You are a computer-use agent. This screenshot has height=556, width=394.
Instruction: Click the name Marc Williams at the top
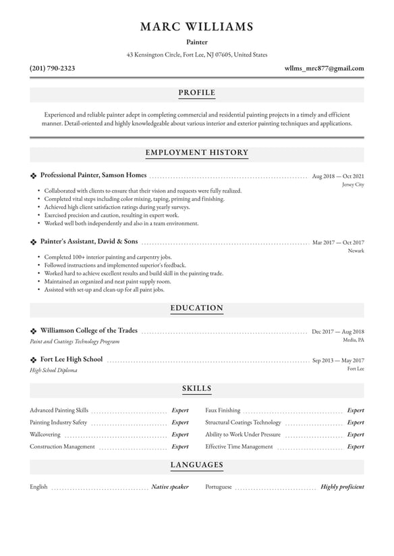click(x=197, y=27)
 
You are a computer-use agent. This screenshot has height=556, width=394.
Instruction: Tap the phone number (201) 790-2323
click(x=53, y=68)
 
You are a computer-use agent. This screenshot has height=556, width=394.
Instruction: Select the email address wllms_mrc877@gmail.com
click(x=324, y=68)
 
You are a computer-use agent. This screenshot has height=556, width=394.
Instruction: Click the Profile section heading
click(x=197, y=92)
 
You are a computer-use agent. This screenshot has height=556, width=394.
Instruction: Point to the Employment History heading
click(x=197, y=153)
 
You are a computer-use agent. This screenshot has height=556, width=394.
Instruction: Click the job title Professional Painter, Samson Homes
click(x=93, y=175)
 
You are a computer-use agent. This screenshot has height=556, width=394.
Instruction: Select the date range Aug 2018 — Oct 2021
click(x=337, y=176)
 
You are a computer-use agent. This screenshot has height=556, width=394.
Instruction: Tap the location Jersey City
click(x=353, y=185)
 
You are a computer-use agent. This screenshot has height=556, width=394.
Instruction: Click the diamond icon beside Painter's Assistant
click(x=33, y=241)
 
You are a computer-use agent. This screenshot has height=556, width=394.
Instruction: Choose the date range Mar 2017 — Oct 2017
click(x=337, y=242)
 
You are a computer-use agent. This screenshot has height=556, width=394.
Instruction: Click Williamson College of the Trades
click(x=89, y=331)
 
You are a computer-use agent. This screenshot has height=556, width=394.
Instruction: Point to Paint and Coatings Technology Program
click(x=74, y=342)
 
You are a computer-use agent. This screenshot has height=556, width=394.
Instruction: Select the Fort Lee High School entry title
click(x=72, y=359)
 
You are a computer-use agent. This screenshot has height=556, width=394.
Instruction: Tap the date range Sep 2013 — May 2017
click(x=337, y=361)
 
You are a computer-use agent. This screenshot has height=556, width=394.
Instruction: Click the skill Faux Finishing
click(x=223, y=410)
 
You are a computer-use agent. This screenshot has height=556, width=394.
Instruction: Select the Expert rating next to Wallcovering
click(x=179, y=435)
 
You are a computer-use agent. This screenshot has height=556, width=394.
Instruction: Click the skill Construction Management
click(x=62, y=447)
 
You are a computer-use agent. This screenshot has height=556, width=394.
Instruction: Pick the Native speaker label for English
click(x=169, y=487)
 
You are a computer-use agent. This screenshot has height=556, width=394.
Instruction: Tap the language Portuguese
click(x=219, y=487)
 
